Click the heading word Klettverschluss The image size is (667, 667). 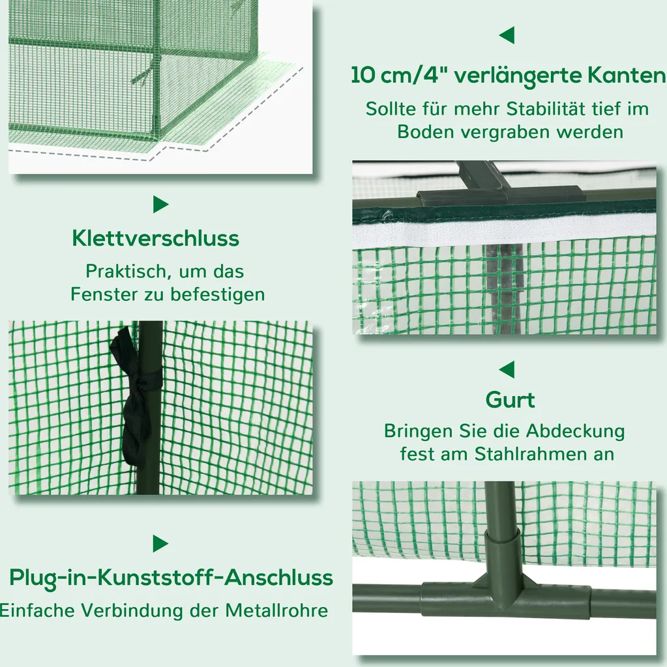(x=155, y=238)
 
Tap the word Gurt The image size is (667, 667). (x=510, y=400)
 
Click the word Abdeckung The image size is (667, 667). (x=576, y=431)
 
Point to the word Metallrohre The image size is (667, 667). (x=276, y=611)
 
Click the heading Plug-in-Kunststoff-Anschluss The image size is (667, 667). (x=171, y=578)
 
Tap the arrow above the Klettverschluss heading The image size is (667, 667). (x=160, y=205)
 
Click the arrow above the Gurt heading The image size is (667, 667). (x=507, y=369)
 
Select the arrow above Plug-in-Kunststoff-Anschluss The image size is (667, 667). (x=160, y=544)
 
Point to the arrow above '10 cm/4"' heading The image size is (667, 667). (x=507, y=35)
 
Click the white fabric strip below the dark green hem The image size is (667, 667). (x=503, y=233)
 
